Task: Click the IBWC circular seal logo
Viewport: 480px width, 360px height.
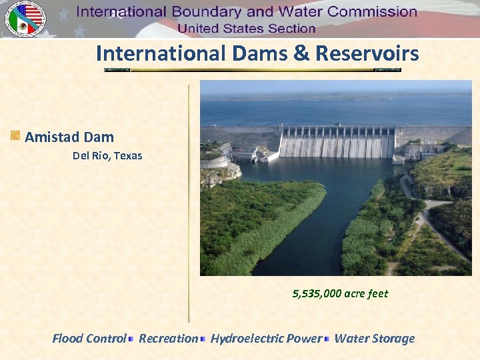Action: point(25,18)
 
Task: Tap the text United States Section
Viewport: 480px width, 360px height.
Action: point(246,28)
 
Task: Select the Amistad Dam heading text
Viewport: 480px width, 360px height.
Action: point(69,137)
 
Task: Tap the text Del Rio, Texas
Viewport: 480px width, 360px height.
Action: point(107,156)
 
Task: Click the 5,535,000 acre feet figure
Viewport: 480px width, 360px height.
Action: point(340,293)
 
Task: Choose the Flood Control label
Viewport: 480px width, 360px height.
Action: point(89,339)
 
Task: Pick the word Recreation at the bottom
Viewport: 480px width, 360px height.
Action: point(168,339)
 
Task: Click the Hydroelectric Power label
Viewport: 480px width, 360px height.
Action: point(266,339)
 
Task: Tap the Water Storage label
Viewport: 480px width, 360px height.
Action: point(374,339)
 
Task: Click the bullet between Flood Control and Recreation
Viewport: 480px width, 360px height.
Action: point(132,339)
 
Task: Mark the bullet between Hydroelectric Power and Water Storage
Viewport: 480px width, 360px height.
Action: point(327,339)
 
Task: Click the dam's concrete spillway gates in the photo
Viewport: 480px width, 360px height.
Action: point(337,142)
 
